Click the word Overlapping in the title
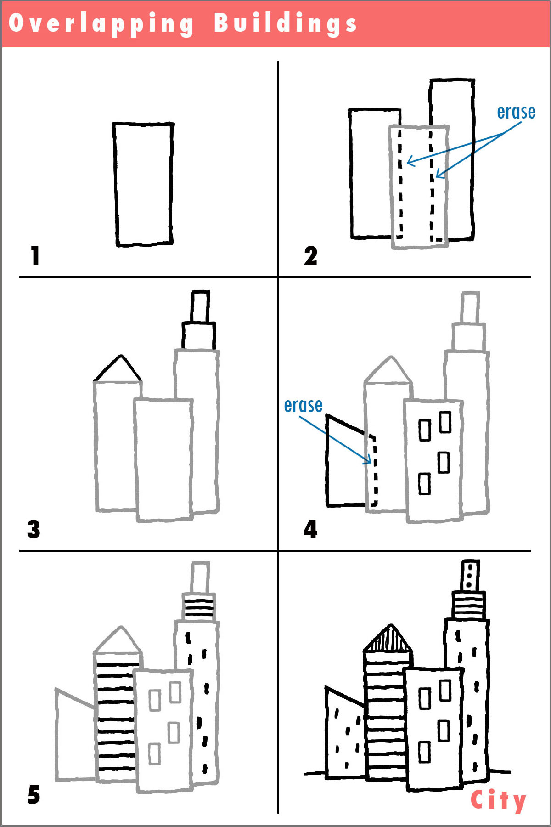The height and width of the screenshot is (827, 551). [x=101, y=24]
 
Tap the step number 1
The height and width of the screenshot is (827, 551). [x=35, y=255]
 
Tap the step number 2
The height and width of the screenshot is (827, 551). [x=310, y=255]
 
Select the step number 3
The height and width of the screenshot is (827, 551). [x=34, y=529]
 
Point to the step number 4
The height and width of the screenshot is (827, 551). [x=310, y=529]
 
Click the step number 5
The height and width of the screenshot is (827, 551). [x=34, y=795]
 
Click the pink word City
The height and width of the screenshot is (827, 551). [x=498, y=800]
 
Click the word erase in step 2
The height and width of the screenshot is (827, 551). [x=516, y=112]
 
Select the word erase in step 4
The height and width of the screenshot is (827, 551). [x=303, y=405]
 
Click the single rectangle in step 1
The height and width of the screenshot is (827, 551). [x=143, y=184]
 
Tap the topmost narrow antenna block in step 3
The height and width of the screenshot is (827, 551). [x=200, y=306]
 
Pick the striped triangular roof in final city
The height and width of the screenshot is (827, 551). [x=388, y=640]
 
